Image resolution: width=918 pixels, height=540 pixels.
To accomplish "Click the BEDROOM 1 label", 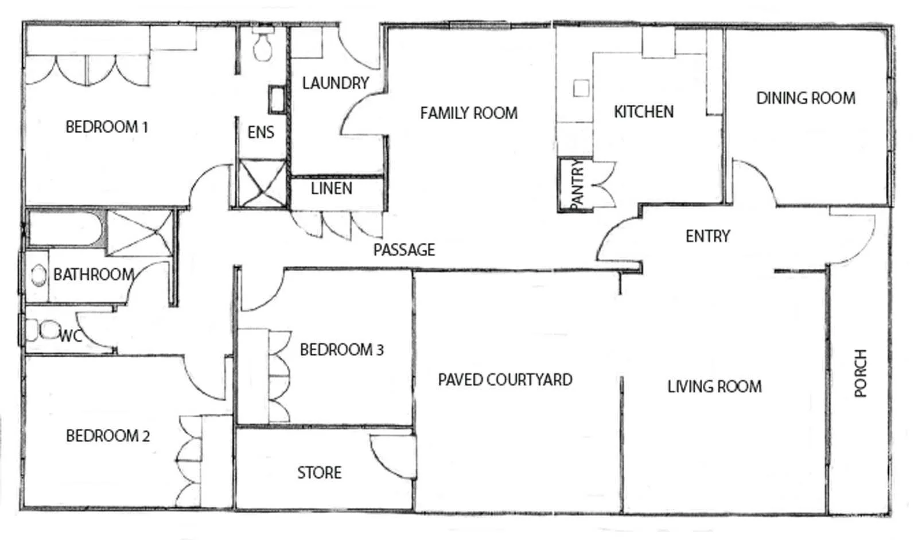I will [x=107, y=127].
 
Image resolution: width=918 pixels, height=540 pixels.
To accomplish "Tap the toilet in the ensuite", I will [x=263, y=46].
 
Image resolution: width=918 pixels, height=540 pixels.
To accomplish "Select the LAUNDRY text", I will [x=335, y=84].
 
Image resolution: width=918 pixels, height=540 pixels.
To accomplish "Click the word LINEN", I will [x=331, y=189].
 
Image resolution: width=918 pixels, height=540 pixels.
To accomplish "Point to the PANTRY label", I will [x=577, y=185].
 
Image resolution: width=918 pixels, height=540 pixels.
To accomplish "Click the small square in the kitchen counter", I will [x=581, y=88].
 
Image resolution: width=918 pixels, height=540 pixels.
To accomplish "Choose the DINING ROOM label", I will [x=806, y=99].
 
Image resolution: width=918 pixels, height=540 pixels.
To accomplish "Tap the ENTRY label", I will [x=707, y=236].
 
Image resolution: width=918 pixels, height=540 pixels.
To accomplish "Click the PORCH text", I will [x=860, y=373].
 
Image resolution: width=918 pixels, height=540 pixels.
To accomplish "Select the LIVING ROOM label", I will [x=714, y=387].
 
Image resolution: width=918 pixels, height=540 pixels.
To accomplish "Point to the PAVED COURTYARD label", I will [x=505, y=380].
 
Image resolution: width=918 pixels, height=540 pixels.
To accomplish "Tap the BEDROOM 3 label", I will [x=341, y=350].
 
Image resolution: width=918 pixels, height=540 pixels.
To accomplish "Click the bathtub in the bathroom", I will [x=66, y=229].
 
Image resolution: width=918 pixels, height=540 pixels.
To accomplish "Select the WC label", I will [x=71, y=336].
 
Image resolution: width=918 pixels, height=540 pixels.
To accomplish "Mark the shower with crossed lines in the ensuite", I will [x=262, y=183].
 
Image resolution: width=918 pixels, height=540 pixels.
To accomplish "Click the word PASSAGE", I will [x=404, y=250].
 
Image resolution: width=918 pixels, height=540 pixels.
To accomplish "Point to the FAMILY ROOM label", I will [x=468, y=114].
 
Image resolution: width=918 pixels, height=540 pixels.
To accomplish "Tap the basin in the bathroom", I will [x=38, y=276].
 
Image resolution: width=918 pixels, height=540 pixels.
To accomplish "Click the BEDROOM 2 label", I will [x=108, y=436].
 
